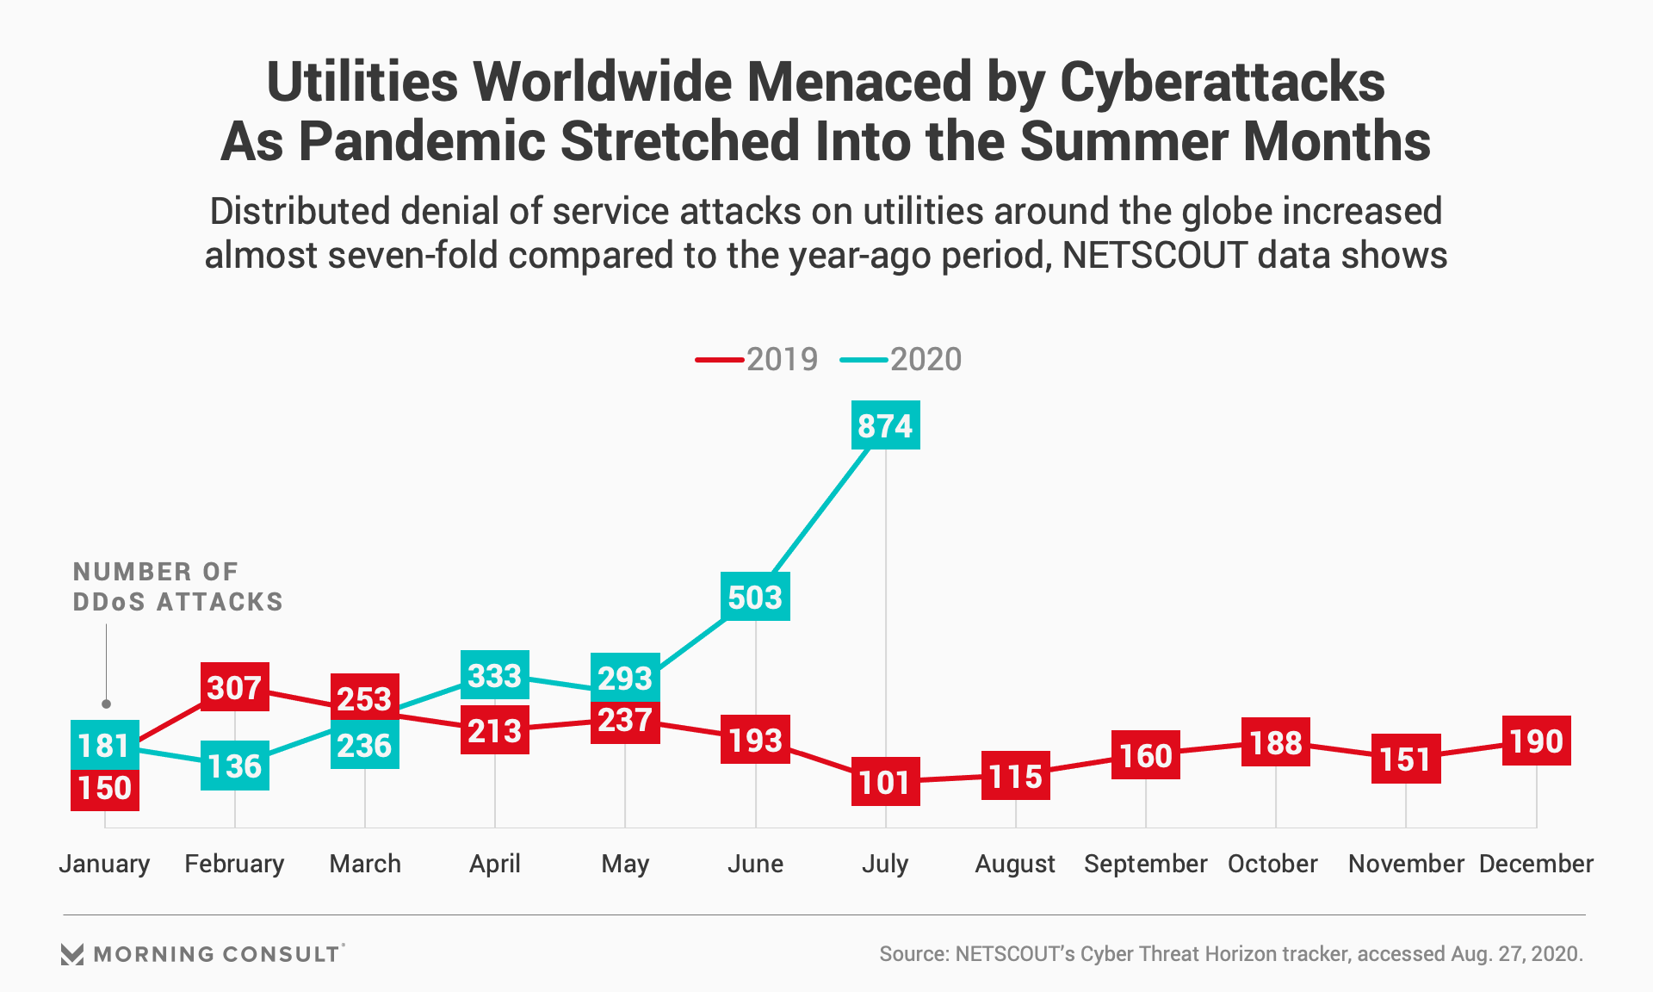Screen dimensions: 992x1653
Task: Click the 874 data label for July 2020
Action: click(885, 425)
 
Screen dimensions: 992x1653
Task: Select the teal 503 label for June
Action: click(755, 597)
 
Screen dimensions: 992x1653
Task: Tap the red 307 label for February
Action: click(234, 687)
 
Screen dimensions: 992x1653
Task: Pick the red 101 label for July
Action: click(885, 782)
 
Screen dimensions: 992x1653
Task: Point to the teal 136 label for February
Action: click(234, 766)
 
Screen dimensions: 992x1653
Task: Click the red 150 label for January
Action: click(104, 787)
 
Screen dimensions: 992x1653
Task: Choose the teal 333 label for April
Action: click(494, 675)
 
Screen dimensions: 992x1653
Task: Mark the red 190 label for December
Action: click(1536, 741)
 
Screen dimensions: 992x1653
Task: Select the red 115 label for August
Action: click(1015, 776)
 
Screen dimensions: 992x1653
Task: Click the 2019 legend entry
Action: click(758, 359)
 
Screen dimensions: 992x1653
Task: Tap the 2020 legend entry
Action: click(902, 359)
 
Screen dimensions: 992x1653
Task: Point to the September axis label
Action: click(1145, 864)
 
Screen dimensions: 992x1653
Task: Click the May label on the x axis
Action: click(625, 864)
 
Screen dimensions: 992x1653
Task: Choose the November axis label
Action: click(1405, 864)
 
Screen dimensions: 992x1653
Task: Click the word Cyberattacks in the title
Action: click(1222, 83)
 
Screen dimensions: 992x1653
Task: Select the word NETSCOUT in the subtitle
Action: click(1154, 256)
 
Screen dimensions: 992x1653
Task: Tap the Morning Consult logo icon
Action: click(72, 954)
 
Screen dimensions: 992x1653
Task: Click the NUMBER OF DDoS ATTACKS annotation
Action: click(177, 586)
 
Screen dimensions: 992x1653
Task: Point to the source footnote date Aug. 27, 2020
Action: click(1516, 954)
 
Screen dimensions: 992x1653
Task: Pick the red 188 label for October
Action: click(1275, 742)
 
